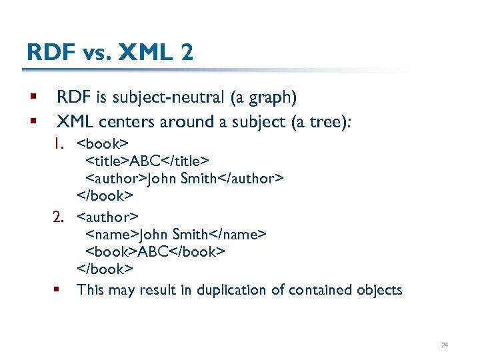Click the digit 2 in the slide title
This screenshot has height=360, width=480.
(185, 52)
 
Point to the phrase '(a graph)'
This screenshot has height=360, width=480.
(263, 97)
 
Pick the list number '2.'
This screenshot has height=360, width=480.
(63, 217)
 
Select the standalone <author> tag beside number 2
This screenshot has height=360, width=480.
(107, 217)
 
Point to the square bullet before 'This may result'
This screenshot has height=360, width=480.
(58, 289)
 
